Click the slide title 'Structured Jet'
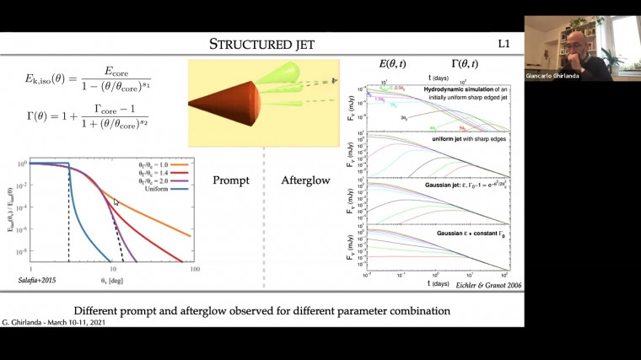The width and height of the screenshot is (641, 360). (261, 43)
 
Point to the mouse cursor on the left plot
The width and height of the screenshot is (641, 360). (116, 202)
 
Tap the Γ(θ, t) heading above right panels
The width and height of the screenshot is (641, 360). (463, 63)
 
